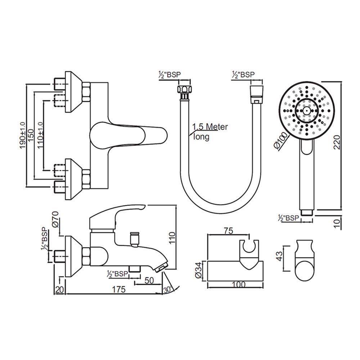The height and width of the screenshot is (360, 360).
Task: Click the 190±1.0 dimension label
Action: (x=23, y=135)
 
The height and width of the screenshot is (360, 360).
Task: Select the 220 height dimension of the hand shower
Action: (x=337, y=142)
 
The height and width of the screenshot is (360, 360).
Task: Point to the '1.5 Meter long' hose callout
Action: (x=210, y=131)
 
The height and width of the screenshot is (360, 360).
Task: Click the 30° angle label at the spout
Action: (x=168, y=289)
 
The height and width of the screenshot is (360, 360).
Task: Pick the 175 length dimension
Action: (x=119, y=289)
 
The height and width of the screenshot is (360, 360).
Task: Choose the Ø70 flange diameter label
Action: (x=56, y=219)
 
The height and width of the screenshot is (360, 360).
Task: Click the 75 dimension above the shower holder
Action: (x=229, y=230)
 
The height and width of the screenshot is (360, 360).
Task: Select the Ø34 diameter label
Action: (x=199, y=270)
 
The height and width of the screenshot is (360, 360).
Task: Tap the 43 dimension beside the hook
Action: (x=280, y=256)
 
